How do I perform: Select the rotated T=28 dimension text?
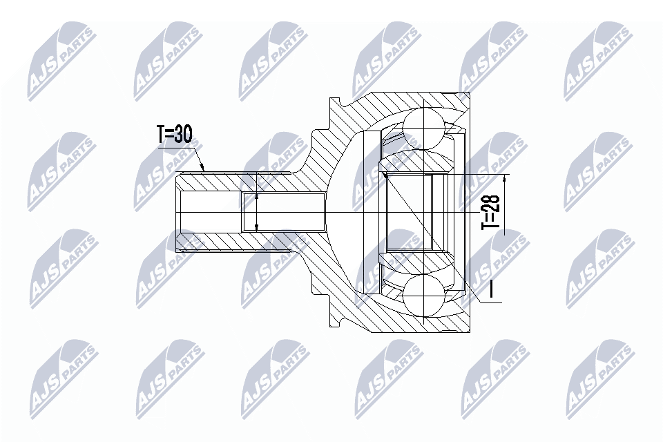click(490, 211)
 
